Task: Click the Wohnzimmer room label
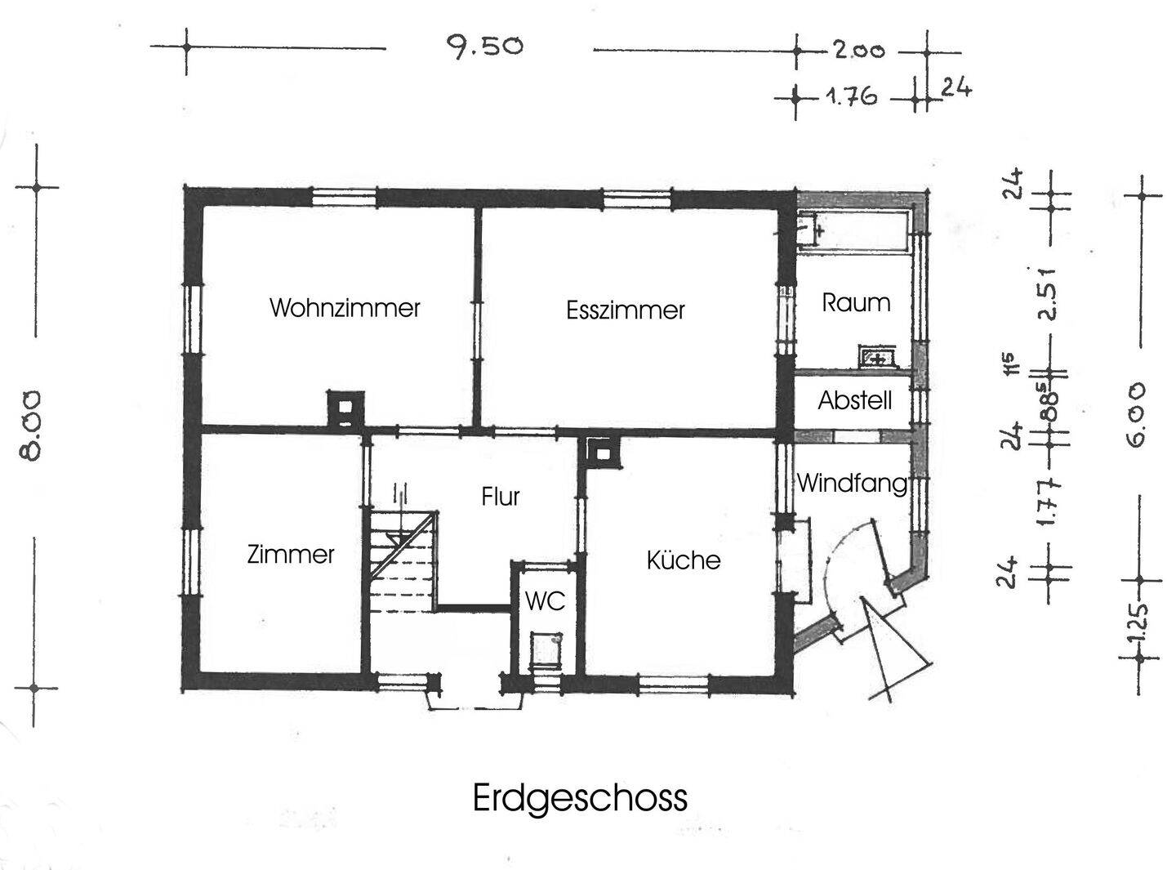tap(345, 308)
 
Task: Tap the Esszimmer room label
tap(626, 310)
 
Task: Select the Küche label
tap(684, 560)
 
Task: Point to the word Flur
tap(501, 496)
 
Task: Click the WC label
tap(545, 601)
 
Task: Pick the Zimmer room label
tap(291, 555)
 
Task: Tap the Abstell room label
tap(855, 400)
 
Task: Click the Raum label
tap(856, 303)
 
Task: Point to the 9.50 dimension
tap(484, 46)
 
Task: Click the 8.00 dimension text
tap(29, 426)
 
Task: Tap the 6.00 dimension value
tap(1136, 416)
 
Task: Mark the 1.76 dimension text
tap(850, 97)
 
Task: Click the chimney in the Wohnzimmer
tap(345, 409)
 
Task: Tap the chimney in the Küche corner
tap(603, 453)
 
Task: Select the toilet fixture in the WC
tap(547, 649)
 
